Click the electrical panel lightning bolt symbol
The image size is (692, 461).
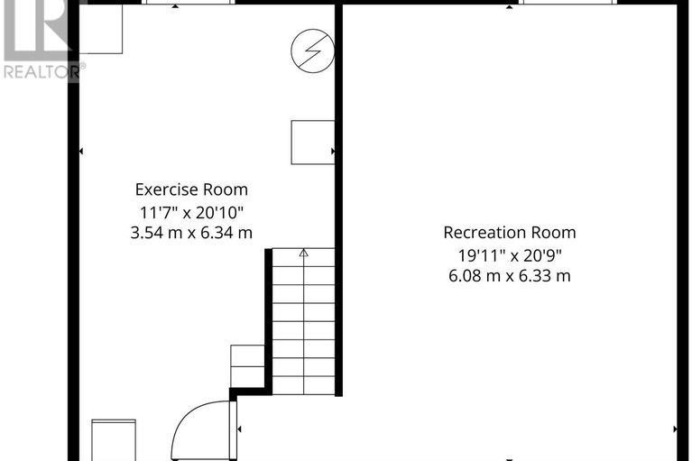[x=312, y=51]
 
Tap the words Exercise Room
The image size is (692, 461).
[x=191, y=189]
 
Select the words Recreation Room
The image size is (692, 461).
[x=509, y=232]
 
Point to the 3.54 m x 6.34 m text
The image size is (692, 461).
[x=191, y=233]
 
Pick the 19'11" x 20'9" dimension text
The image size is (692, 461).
[x=509, y=254]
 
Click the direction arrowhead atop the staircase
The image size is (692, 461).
[x=304, y=254]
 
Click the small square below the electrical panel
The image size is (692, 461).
[x=312, y=143]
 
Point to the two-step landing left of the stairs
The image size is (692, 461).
[x=247, y=366]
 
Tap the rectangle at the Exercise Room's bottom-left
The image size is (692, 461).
[x=114, y=438]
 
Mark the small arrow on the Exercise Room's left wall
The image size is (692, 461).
[x=82, y=151]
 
